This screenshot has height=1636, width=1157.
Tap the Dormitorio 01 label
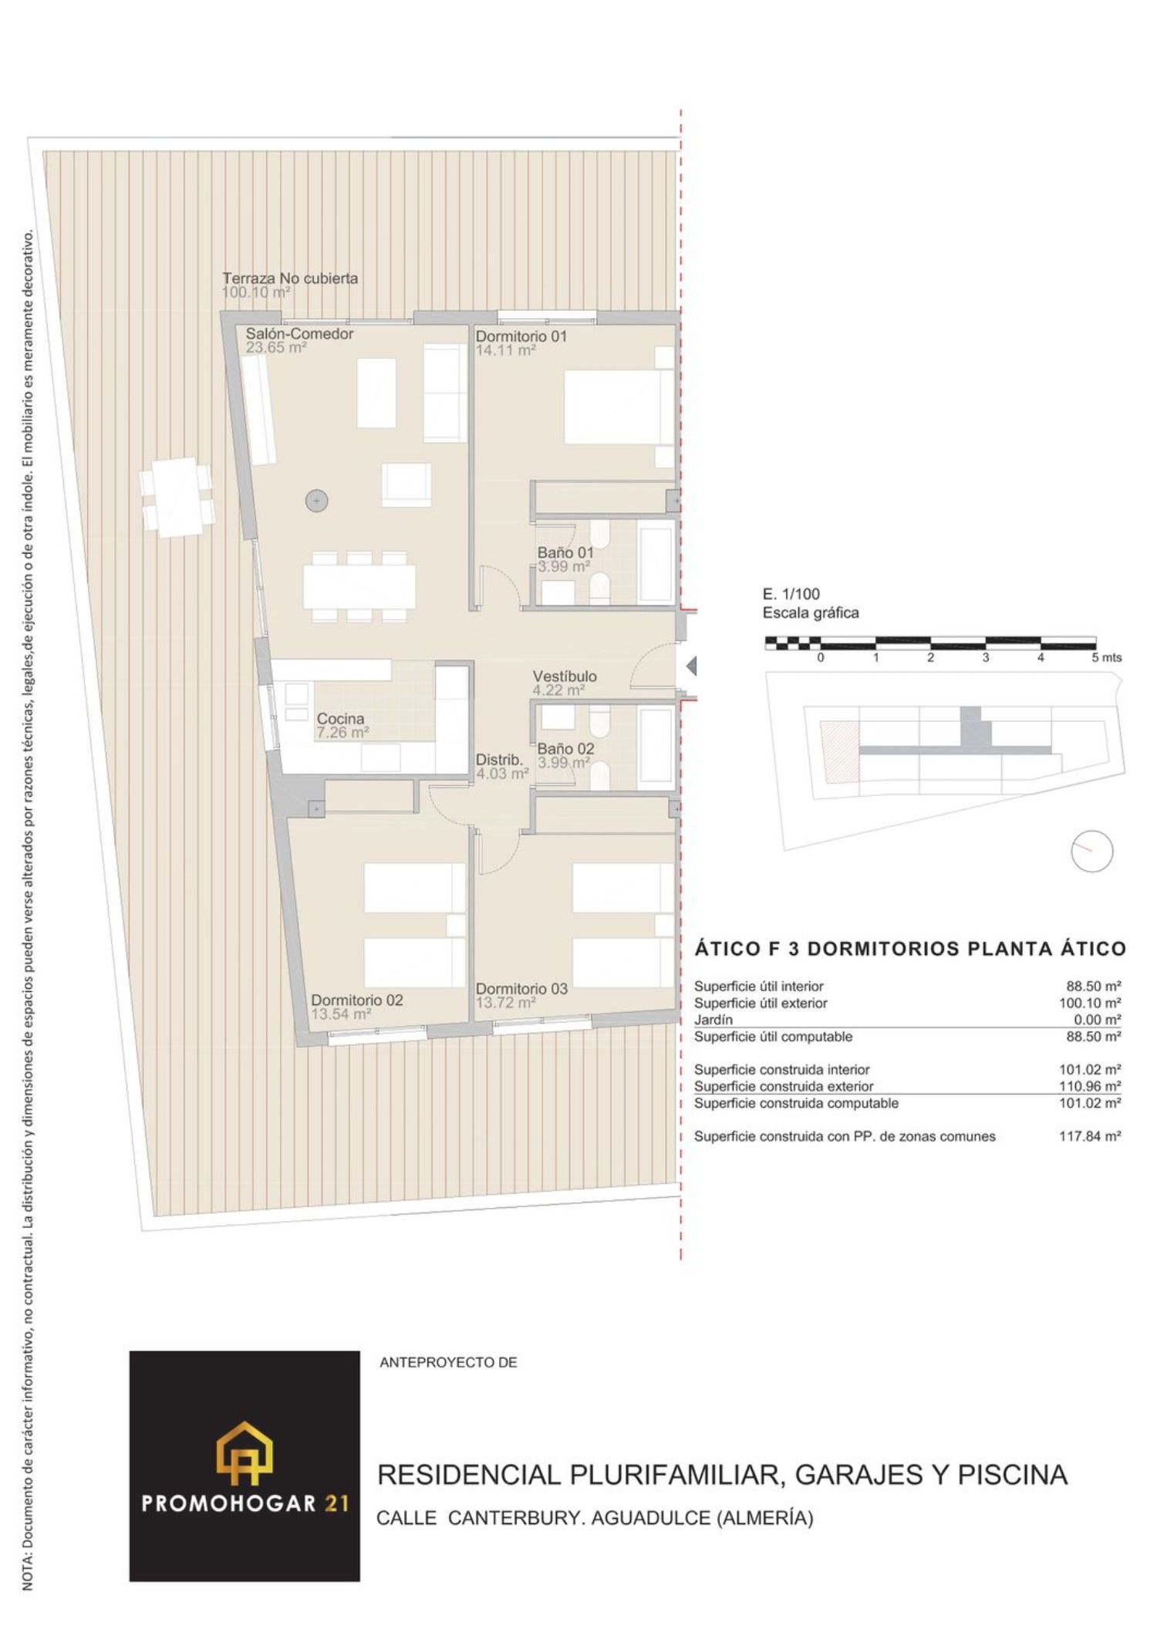[521, 336]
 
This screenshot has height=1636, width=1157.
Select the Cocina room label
[340, 719]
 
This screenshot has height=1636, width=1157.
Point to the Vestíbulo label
[565, 676]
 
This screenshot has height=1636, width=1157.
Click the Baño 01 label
[565, 553]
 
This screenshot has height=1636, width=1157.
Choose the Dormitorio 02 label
[356, 1000]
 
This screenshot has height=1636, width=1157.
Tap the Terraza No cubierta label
[290, 278]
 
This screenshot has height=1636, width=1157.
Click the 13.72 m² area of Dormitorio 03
[506, 1003]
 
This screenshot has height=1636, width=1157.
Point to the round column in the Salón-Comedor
[317, 501]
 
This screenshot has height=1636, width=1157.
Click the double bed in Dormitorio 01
[619, 407]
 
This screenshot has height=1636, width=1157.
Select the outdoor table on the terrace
[177, 497]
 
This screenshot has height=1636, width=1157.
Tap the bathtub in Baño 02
[656, 747]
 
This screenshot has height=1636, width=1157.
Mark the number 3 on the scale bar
[986, 658]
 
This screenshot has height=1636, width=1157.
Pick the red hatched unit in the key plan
[839, 752]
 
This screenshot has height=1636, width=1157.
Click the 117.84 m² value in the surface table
[1090, 1136]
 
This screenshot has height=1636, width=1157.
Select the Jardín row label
[713, 1020]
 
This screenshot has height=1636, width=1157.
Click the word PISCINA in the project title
[1013, 1474]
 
